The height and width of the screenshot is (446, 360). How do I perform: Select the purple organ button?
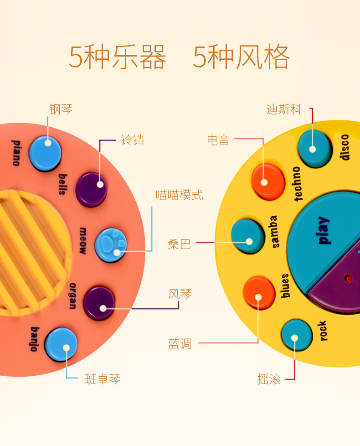(x=99, y=303)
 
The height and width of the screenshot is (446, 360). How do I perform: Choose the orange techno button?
(x=268, y=181)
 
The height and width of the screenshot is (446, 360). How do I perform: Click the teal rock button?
(x=297, y=335)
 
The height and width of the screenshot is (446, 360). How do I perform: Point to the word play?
(x=323, y=230)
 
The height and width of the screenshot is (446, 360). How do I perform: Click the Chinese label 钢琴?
(x=61, y=109)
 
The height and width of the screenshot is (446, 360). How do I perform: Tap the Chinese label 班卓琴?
(x=103, y=379)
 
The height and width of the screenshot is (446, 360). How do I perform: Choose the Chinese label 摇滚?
(x=269, y=379)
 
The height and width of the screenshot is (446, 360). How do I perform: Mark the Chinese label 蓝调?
(x=180, y=343)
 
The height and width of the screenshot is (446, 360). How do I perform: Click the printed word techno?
(x=298, y=184)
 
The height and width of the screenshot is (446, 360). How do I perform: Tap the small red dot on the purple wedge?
(x=348, y=277)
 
